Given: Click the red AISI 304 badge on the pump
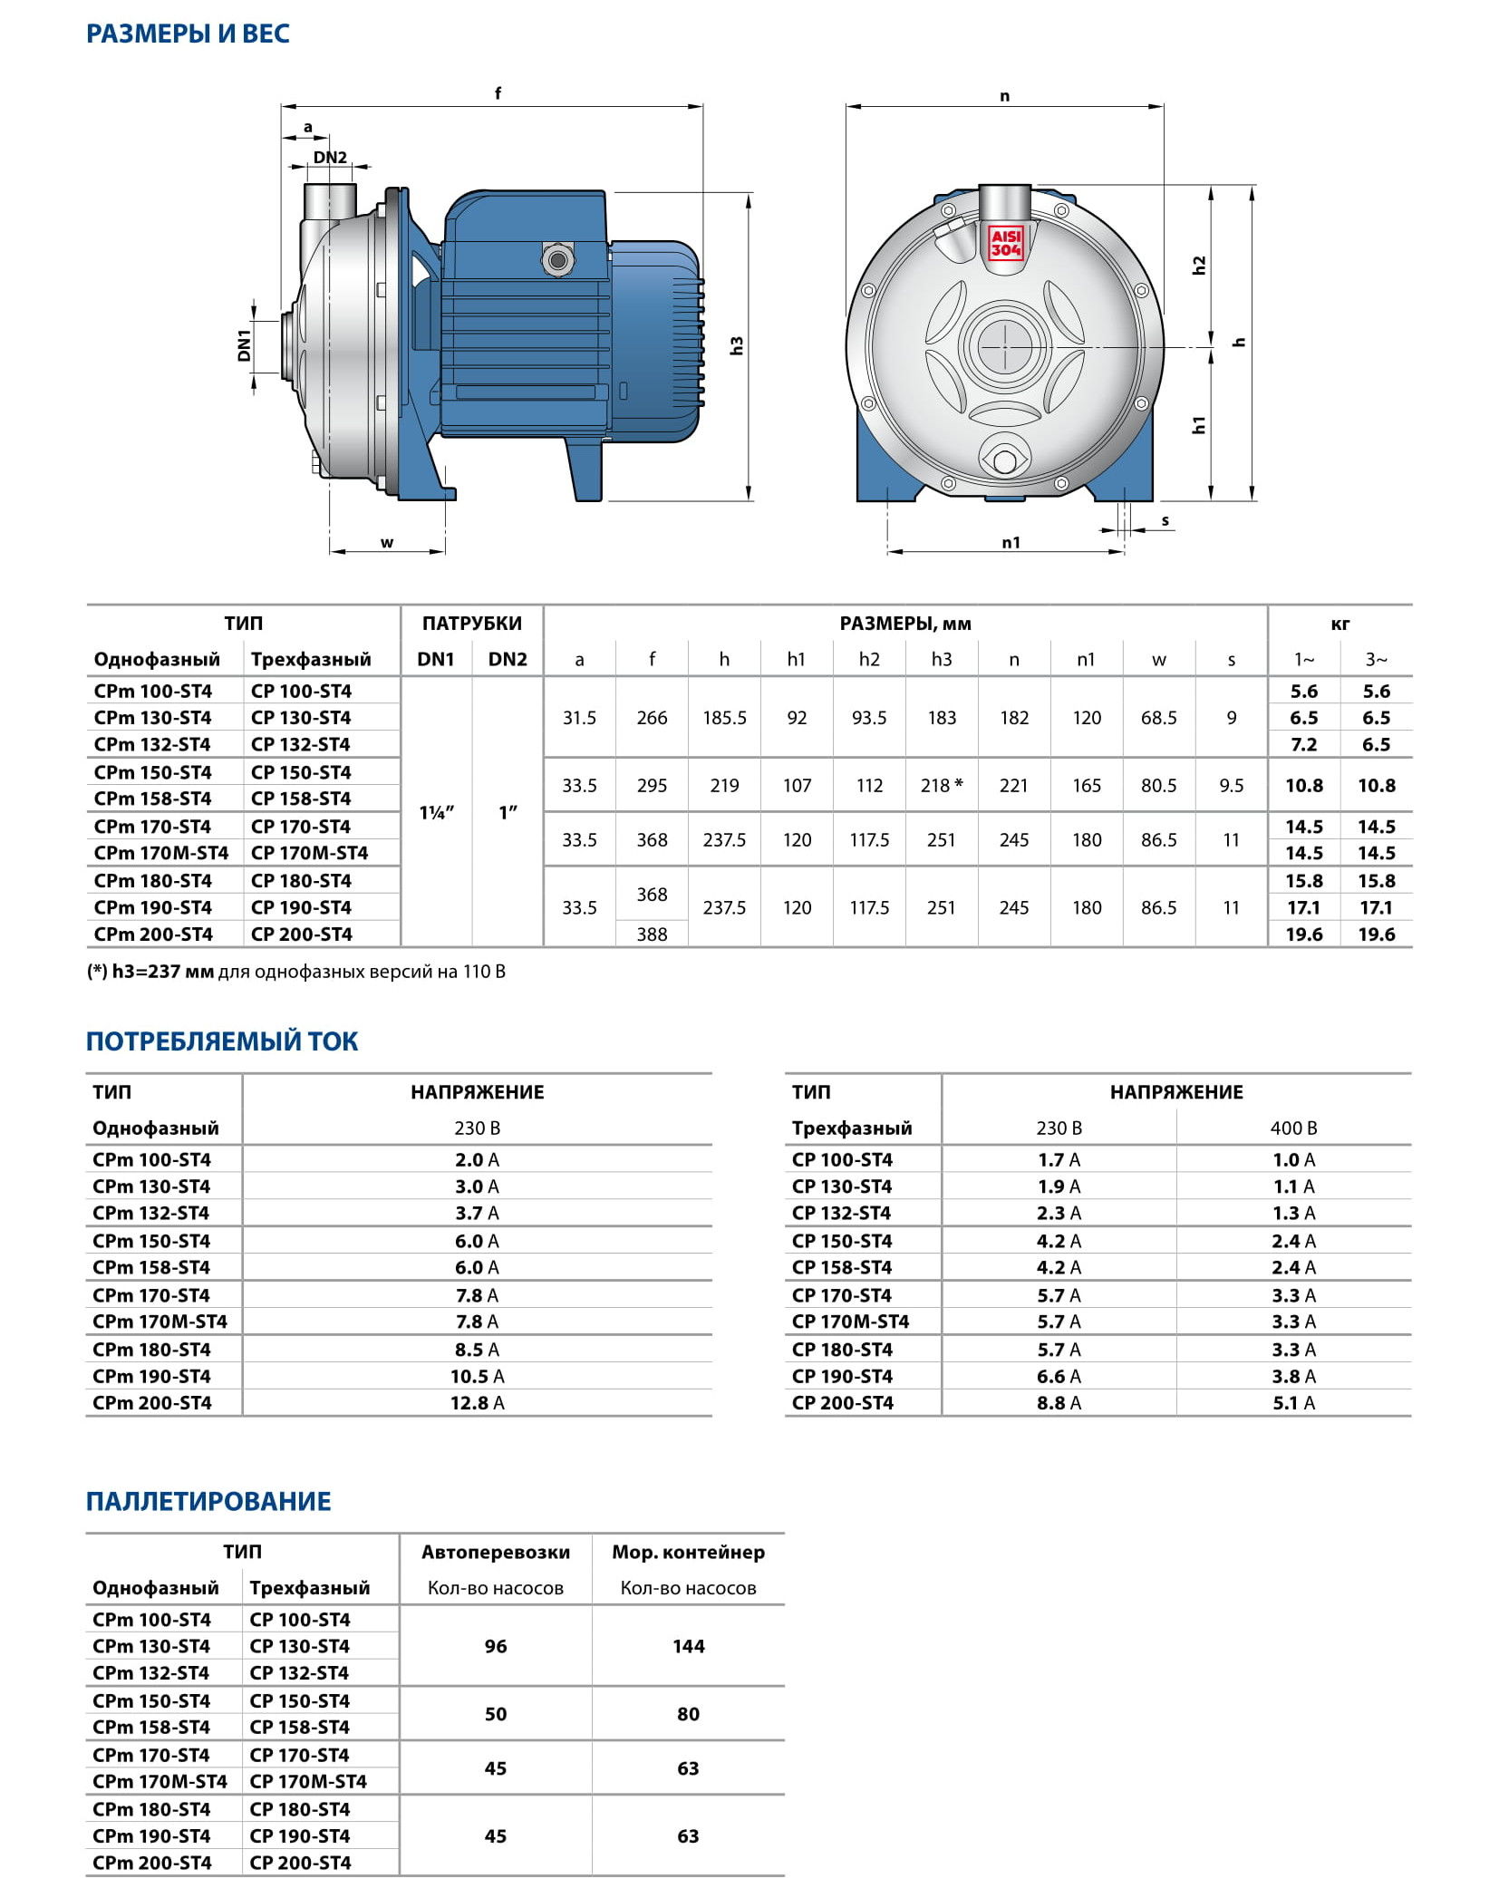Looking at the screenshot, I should pos(1005,244).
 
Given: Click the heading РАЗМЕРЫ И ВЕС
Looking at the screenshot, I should pos(188,34).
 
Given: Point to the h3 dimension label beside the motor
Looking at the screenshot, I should pos(737,345).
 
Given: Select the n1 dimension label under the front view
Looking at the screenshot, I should pos(1011,543).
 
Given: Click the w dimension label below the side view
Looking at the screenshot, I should pos(387,543).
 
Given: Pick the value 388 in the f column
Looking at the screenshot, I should pos(652,934).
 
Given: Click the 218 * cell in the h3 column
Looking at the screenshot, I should pos(942,786).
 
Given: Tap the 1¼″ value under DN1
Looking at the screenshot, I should pos(436,813).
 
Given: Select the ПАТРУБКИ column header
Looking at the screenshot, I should pos(471,624).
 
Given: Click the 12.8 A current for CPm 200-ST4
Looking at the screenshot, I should pos(477,1403).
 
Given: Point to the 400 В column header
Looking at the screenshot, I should pos(1293,1128).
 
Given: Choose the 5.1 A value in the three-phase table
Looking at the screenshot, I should pos(1293,1403).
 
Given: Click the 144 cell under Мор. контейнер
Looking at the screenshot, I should pos(688,1646).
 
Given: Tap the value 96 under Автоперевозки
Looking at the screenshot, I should pos(496,1646).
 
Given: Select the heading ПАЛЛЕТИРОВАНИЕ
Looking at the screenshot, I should pos(208,1502).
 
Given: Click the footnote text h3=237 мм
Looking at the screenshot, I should pos(163,972).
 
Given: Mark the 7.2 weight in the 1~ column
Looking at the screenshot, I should pos(1303,745).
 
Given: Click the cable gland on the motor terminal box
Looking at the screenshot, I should pos(556,260).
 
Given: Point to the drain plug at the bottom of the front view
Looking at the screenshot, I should pos(1004,461).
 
